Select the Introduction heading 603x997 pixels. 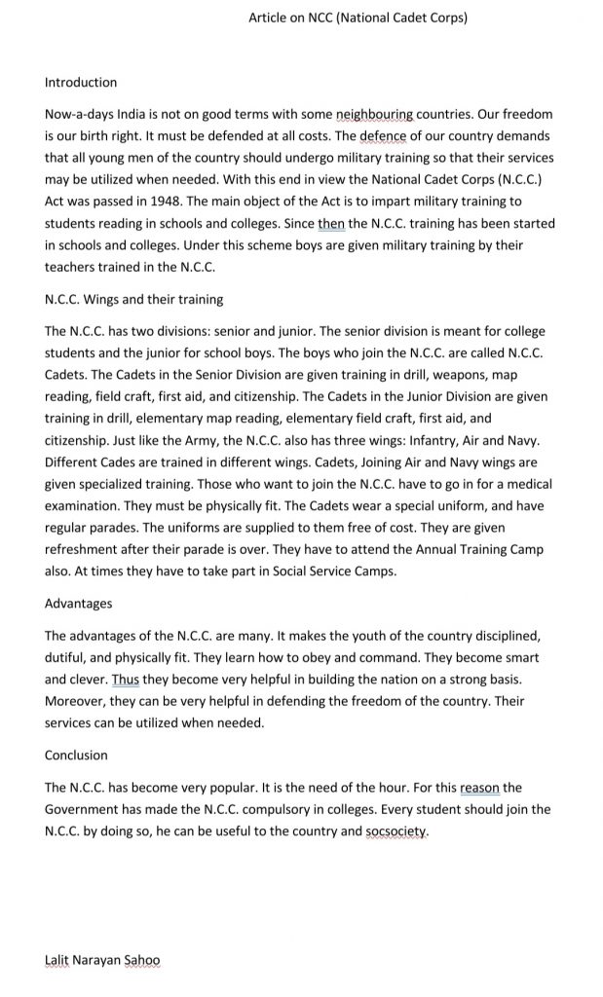click(x=81, y=82)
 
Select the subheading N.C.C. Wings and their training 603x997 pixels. click(x=133, y=299)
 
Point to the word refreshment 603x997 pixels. click(x=85, y=549)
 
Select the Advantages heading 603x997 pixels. click(x=78, y=604)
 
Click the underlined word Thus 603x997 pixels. click(x=127, y=680)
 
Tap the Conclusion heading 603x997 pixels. click(x=76, y=756)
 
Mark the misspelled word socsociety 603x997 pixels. click(x=396, y=831)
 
